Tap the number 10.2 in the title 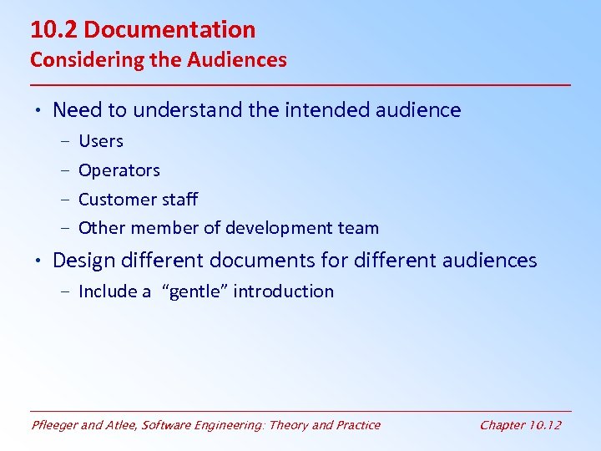(54, 30)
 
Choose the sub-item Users (101, 141)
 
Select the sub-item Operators (119, 170)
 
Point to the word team (360, 228)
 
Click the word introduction (283, 291)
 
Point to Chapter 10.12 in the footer (520, 425)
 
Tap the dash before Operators (65, 170)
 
